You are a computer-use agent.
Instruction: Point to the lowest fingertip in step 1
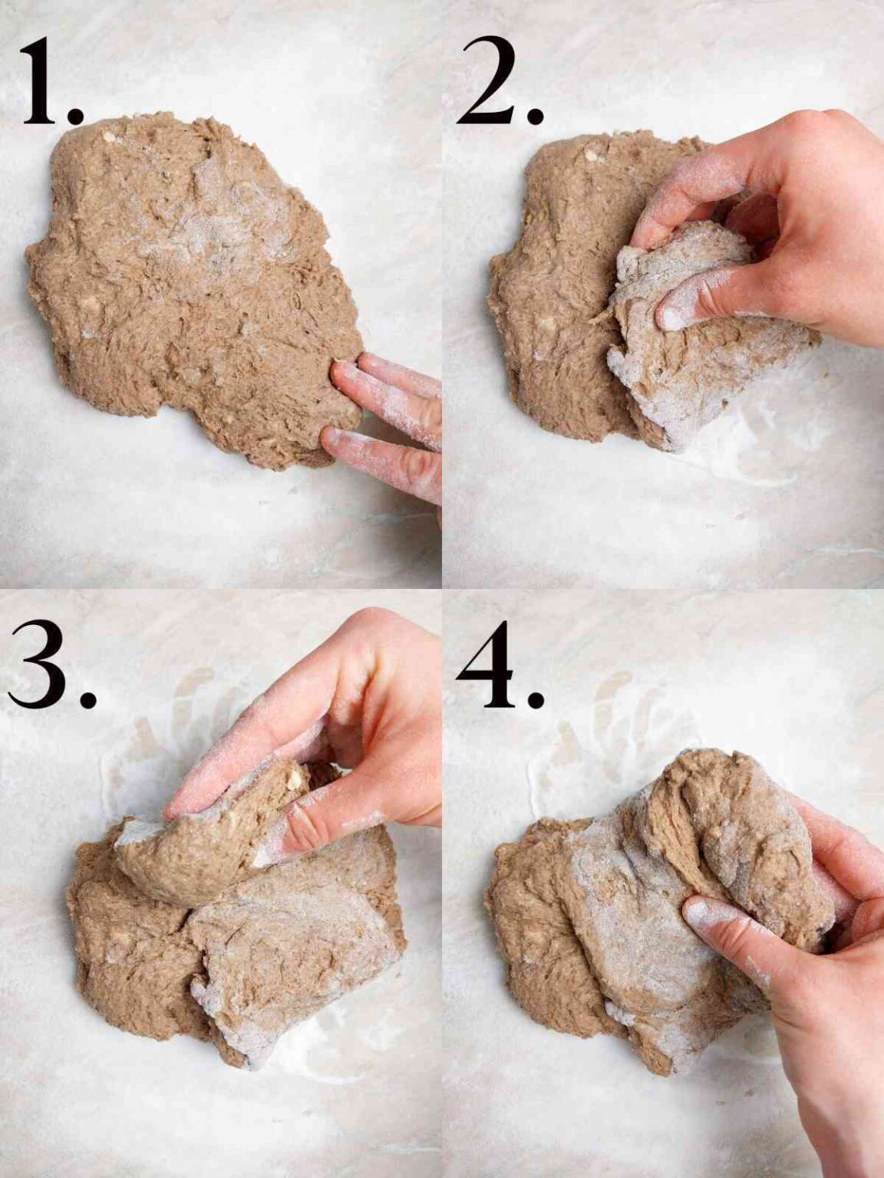pos(335,439)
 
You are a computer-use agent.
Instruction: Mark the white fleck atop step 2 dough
pos(592,156)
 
